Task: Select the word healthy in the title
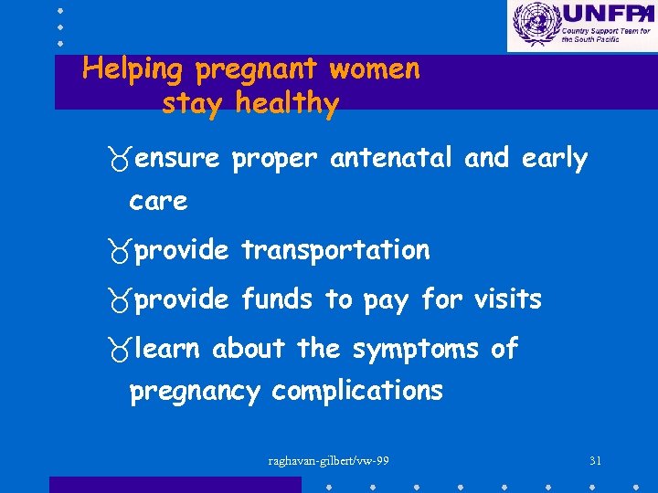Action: click(286, 103)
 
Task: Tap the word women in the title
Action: click(374, 68)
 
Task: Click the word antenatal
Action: click(391, 159)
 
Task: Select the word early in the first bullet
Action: click(555, 159)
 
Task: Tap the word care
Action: click(158, 201)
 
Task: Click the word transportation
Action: click(335, 250)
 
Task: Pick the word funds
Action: click(279, 299)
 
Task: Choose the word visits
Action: click(507, 299)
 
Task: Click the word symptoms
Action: click(415, 349)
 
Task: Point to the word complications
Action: click(357, 392)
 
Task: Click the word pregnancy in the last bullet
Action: click(196, 393)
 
